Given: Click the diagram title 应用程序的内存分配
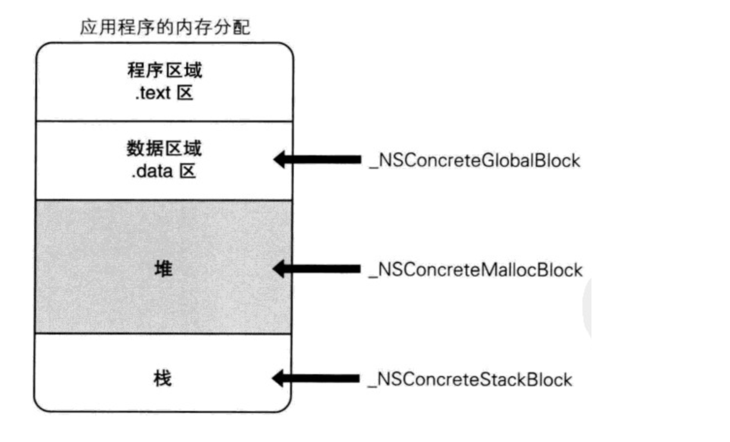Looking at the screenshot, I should tap(165, 27).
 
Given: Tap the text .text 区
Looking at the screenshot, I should tap(165, 94).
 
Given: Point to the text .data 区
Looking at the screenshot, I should tap(165, 173).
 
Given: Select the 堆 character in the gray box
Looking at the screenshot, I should tap(165, 269).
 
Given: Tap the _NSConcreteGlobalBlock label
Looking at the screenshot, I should tap(474, 160).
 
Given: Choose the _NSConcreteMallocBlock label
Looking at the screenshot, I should tap(476, 270).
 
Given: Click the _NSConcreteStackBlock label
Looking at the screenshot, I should tap(470, 379).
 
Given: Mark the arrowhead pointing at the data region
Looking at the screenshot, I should tap(281, 160).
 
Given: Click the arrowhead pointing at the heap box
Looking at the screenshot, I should tap(281, 269).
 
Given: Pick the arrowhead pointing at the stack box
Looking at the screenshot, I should tap(281, 378).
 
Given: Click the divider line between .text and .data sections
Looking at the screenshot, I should tap(165, 122).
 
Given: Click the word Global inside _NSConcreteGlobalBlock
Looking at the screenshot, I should tap(506, 160).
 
